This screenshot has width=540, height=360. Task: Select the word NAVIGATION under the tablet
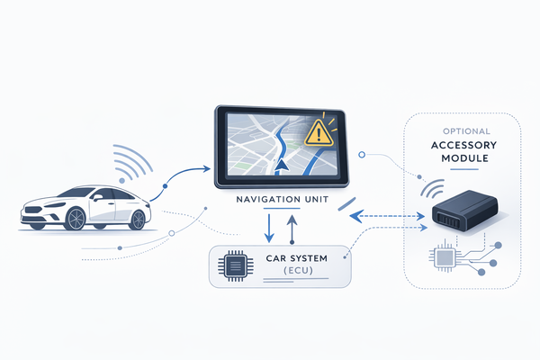pos(265,201)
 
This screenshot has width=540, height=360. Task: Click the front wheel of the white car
pos(76,217)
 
